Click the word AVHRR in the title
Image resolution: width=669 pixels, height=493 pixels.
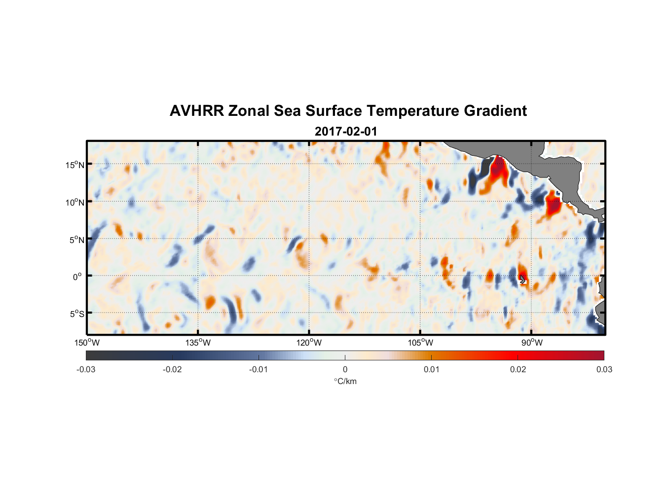(x=196, y=111)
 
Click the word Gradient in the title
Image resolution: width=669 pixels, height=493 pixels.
(x=495, y=111)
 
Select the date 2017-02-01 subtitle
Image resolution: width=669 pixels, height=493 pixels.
(x=346, y=132)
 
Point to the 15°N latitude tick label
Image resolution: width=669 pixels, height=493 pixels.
(x=74, y=165)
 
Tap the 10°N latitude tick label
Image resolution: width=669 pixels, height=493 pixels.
(x=74, y=202)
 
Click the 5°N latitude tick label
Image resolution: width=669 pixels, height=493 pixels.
(x=76, y=240)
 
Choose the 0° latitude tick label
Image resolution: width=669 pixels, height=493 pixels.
(x=77, y=277)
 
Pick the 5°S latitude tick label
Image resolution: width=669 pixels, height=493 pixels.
(x=76, y=314)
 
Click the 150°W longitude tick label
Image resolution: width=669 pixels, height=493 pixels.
(x=87, y=343)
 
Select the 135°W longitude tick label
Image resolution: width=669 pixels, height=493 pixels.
(x=198, y=343)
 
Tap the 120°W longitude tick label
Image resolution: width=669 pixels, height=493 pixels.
(x=309, y=343)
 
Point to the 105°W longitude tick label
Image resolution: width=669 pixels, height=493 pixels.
(x=420, y=343)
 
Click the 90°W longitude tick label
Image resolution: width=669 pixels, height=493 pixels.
(x=532, y=343)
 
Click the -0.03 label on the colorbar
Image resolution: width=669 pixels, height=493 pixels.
(x=86, y=369)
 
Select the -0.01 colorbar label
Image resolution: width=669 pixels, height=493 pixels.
(x=259, y=369)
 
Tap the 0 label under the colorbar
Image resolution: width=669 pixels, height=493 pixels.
(x=345, y=369)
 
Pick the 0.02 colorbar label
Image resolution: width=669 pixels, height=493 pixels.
(x=518, y=369)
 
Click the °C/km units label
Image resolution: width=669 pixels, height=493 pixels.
(x=345, y=381)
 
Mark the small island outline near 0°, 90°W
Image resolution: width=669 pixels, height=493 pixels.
(x=523, y=280)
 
